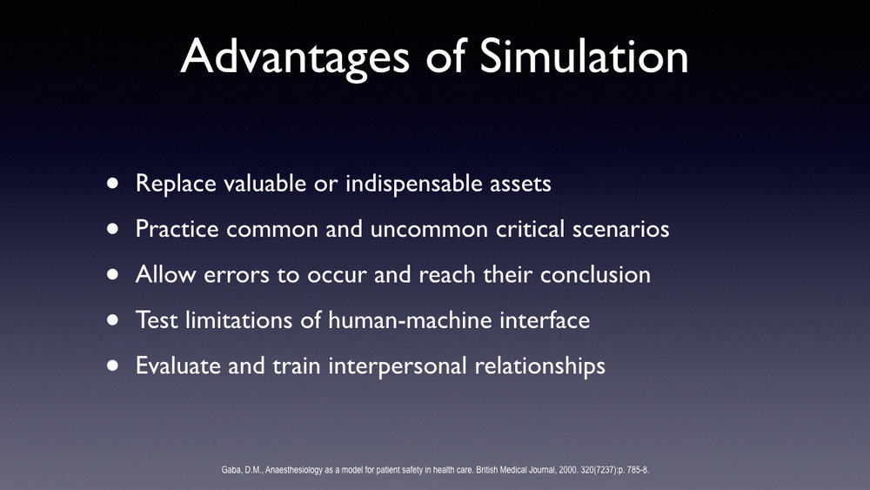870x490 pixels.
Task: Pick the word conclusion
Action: coord(595,275)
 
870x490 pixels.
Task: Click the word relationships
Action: coord(539,366)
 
